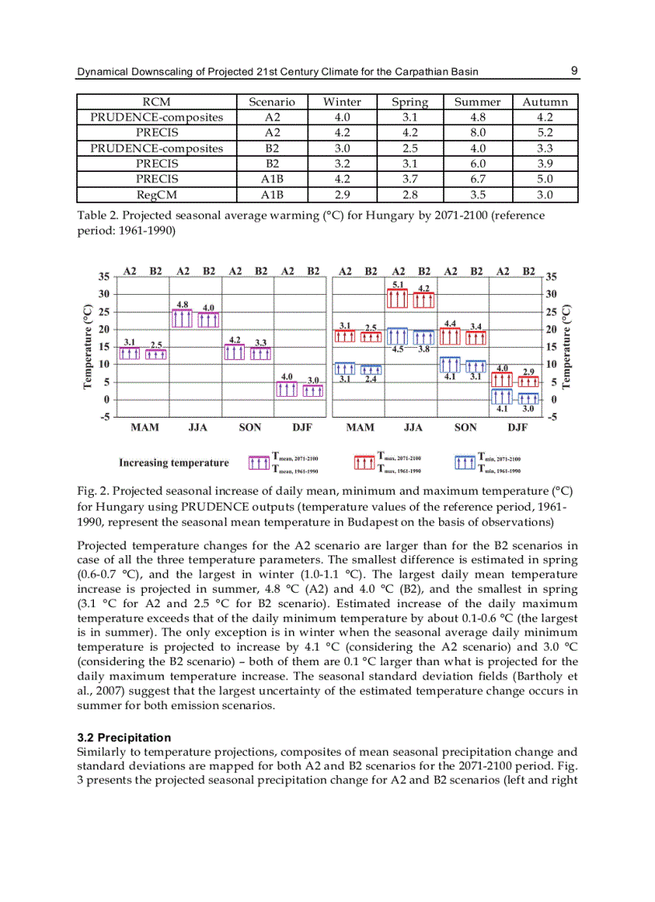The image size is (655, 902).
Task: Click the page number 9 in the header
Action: pyautogui.click(x=575, y=71)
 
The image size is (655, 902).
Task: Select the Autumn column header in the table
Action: pyautogui.click(x=545, y=102)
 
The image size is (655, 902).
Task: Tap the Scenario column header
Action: pyautogui.click(x=272, y=102)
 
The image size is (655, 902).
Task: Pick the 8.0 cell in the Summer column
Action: pyautogui.click(x=478, y=133)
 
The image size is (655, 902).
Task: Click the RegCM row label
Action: pyautogui.click(x=157, y=194)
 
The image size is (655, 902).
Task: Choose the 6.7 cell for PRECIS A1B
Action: pyautogui.click(x=478, y=179)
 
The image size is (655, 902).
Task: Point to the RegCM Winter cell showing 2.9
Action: pyautogui.click(x=342, y=194)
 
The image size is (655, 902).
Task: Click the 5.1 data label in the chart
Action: pyautogui.click(x=398, y=285)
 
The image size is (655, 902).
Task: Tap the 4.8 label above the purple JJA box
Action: pyautogui.click(x=182, y=304)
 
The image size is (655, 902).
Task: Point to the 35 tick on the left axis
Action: pyautogui.click(x=104, y=276)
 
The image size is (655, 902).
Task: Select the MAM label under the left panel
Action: pyautogui.click(x=144, y=428)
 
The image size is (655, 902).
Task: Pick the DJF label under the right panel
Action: pyautogui.click(x=518, y=428)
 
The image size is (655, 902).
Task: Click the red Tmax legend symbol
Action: pyautogui.click(x=364, y=463)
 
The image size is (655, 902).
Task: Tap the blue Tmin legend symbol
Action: pyautogui.click(x=465, y=463)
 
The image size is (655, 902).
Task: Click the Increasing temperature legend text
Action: pyautogui.click(x=173, y=463)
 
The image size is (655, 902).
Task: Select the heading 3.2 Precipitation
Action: pyautogui.click(x=124, y=737)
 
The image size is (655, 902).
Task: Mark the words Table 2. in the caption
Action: pyautogui.click(x=97, y=215)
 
